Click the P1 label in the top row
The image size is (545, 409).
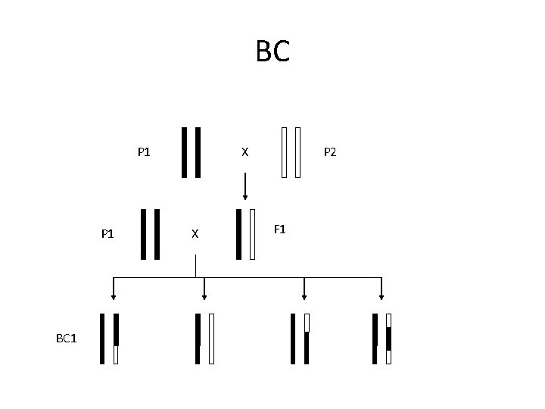[x=144, y=152]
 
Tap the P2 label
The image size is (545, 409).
[x=331, y=152]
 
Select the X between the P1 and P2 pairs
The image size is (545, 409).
[x=244, y=152]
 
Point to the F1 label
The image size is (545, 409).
[x=279, y=229]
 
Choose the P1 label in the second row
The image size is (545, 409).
[x=107, y=234]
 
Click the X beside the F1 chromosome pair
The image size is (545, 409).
[x=195, y=234]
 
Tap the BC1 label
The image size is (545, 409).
[x=67, y=338]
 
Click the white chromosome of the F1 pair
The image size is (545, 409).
[x=253, y=234]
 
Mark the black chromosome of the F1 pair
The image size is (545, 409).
[x=239, y=234]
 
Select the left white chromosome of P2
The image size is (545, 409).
[x=284, y=152]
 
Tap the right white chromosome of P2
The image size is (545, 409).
[x=298, y=152]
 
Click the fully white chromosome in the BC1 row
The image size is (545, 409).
[x=211, y=339]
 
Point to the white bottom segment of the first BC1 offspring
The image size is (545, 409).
[x=116, y=354]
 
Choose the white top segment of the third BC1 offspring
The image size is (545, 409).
[x=307, y=323]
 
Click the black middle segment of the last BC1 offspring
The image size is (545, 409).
[x=388, y=339]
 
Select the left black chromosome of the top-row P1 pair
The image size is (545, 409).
[x=184, y=152]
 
